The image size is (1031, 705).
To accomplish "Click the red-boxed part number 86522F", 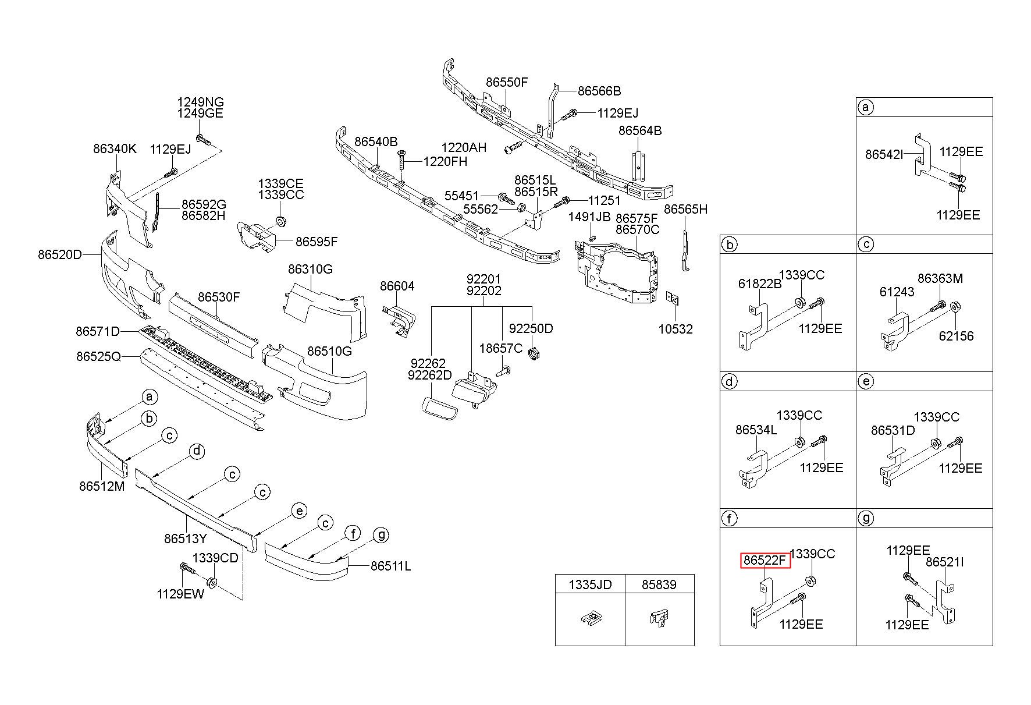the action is [765, 561].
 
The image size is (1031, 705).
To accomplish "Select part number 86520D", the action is [61, 254].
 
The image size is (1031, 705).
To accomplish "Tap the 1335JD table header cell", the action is [590, 584].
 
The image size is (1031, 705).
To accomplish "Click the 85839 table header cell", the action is [659, 584].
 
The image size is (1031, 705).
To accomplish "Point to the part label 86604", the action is [397, 286].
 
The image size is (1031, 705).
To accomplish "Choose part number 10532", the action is [676, 329].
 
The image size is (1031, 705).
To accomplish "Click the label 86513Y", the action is [186, 539].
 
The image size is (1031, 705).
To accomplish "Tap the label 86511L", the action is [391, 565].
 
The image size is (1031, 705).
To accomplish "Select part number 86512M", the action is [102, 486].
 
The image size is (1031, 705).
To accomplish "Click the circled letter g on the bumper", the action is [381, 534].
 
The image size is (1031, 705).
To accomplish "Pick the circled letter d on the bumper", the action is [197, 451].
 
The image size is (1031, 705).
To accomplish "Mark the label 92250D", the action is [531, 328].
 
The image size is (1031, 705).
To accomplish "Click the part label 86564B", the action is [640, 130].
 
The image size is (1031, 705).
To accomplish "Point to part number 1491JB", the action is [589, 217].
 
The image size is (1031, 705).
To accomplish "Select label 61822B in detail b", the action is [760, 284].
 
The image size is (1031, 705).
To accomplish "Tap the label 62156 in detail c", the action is [956, 336].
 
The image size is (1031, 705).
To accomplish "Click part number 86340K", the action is [115, 148].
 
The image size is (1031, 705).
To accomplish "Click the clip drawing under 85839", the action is [658, 617].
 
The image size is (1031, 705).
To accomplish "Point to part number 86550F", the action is [507, 82].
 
